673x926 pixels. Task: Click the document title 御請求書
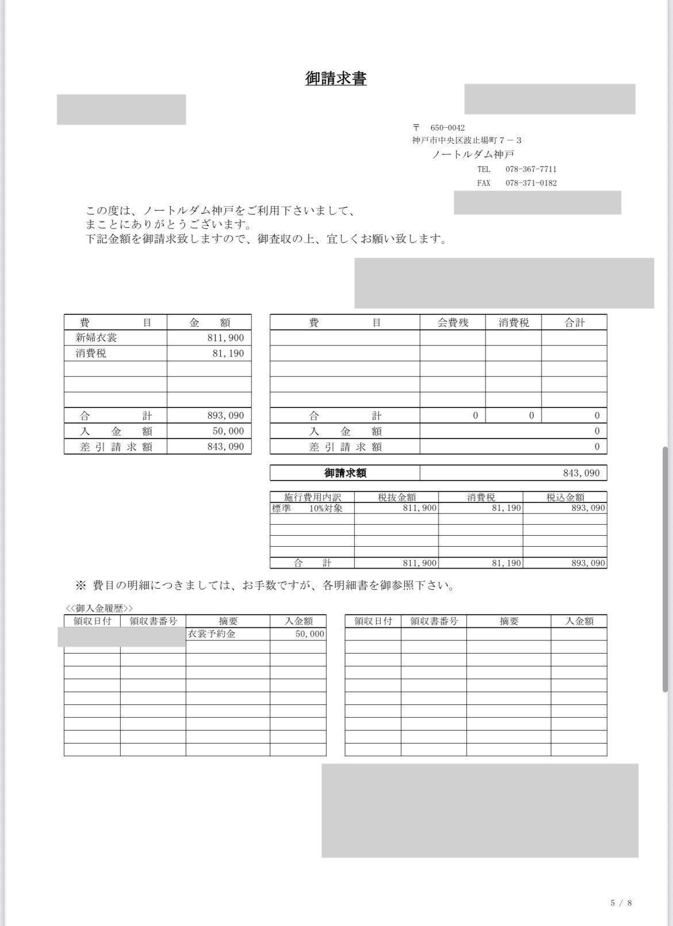click(x=336, y=78)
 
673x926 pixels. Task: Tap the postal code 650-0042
click(x=447, y=128)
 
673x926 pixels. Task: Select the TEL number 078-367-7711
click(x=530, y=169)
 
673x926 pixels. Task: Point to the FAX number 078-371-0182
click(x=530, y=183)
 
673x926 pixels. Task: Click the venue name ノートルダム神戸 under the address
click(x=473, y=154)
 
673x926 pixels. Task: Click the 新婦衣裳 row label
click(x=96, y=338)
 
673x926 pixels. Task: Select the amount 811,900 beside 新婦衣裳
click(x=225, y=338)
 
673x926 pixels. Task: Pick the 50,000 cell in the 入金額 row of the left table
click(x=225, y=431)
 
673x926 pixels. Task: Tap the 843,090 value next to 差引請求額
click(x=225, y=447)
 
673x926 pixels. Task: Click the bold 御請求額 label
click(x=345, y=473)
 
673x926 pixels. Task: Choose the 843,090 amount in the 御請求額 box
click(x=581, y=473)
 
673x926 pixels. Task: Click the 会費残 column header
click(x=453, y=322)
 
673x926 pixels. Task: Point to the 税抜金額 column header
click(x=396, y=497)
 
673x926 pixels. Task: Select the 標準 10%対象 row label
click(x=307, y=508)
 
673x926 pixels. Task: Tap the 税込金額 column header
click(x=565, y=497)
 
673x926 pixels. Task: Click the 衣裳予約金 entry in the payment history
click(x=212, y=634)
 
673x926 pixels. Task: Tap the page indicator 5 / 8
click(x=621, y=902)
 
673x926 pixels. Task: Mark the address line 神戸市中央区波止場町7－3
click(x=466, y=140)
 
